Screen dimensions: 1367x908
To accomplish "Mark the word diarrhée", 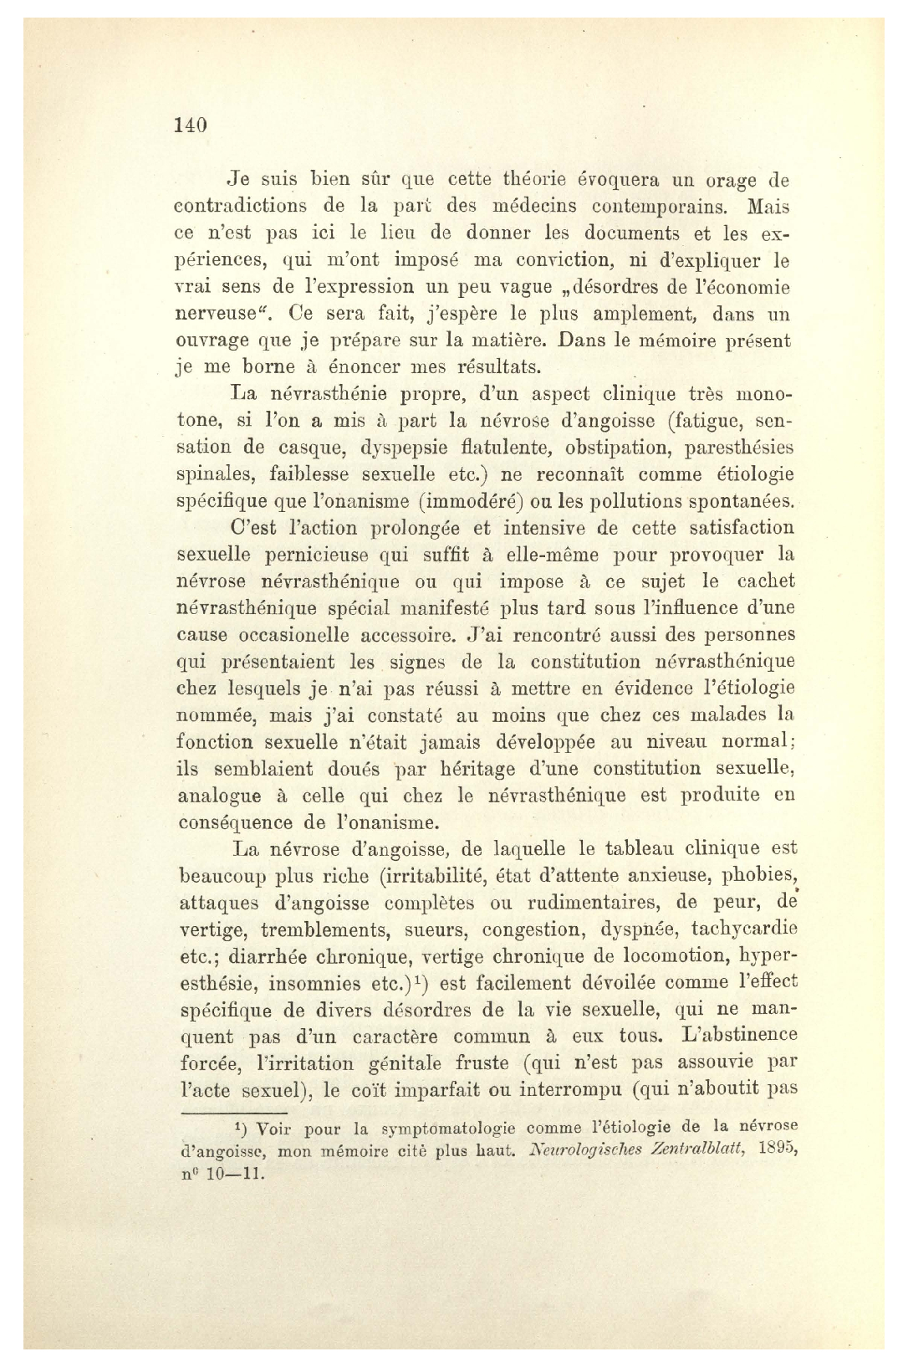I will point(278,956).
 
